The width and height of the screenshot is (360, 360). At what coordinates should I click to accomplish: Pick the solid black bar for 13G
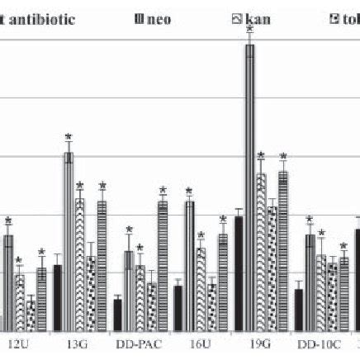tap(58, 296)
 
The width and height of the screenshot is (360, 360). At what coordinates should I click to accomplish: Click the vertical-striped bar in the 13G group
tap(69, 239)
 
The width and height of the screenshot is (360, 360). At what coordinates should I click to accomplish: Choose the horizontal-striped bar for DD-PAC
tap(163, 264)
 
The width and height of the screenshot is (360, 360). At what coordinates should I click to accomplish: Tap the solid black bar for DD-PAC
tap(118, 314)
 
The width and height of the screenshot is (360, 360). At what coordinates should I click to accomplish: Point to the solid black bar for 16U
tap(178, 307)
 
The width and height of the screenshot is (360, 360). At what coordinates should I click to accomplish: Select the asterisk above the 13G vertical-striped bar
tap(69, 138)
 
